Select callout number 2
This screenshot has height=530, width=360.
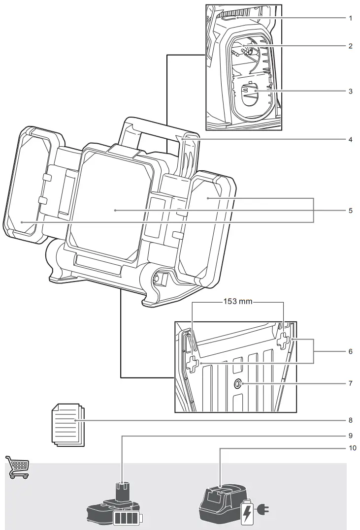[x=350, y=46]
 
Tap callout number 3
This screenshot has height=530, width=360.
[x=350, y=92]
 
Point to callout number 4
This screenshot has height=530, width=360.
[x=350, y=139]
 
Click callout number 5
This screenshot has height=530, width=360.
[x=350, y=210]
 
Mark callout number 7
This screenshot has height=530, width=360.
[x=350, y=382]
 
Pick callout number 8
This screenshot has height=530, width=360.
[x=350, y=421]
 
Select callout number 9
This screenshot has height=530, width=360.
[x=350, y=436]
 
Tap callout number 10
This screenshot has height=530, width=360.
[x=350, y=448]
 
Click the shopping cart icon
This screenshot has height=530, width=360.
[x=18, y=468]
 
